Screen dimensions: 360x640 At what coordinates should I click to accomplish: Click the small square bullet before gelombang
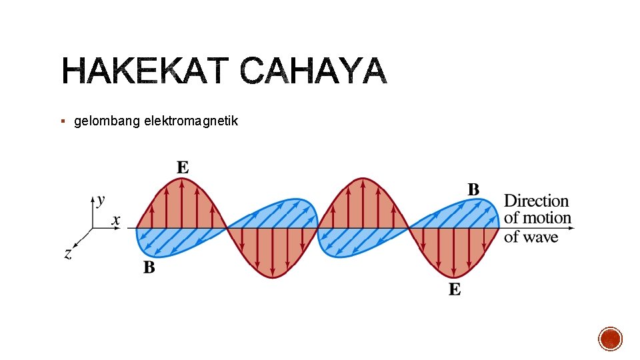(x=62, y=121)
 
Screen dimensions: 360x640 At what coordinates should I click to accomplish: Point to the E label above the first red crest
(x=183, y=167)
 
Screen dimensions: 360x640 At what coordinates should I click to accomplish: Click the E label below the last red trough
(x=455, y=289)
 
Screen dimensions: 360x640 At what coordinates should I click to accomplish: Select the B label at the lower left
(x=149, y=268)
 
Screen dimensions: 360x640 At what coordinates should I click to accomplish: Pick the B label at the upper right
(x=473, y=190)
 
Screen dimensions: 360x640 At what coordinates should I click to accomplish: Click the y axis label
(x=100, y=199)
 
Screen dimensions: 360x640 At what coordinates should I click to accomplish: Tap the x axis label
(x=115, y=219)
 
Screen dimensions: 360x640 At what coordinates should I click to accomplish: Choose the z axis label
(x=68, y=253)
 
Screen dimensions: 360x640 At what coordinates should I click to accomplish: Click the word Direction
(x=536, y=201)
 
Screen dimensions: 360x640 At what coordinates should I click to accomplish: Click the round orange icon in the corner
(x=611, y=339)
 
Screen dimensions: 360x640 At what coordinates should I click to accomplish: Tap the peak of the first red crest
(x=181, y=179)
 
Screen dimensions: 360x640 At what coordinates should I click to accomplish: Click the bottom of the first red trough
(x=272, y=277)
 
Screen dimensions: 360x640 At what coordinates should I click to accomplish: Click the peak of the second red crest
(x=363, y=179)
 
